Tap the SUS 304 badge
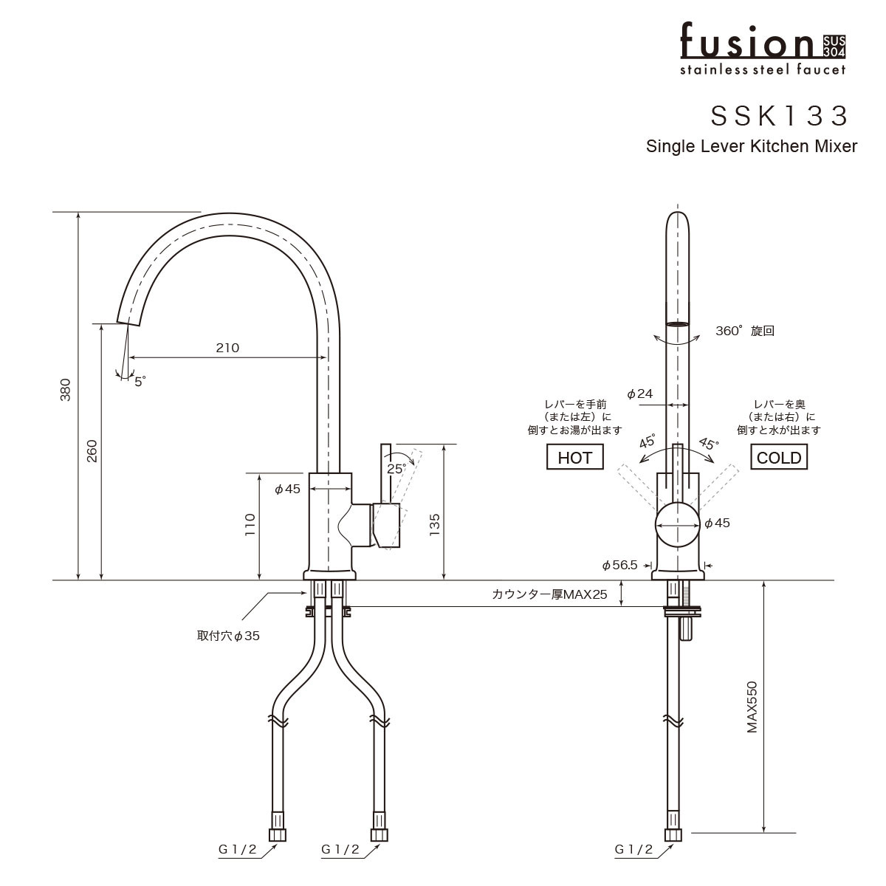[834, 47]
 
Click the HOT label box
[574, 458]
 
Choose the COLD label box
[779, 458]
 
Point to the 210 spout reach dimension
[227, 348]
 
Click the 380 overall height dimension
[66, 389]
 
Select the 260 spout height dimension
[92, 450]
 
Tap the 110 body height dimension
[250, 524]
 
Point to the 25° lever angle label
[396, 468]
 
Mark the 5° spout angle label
[140, 382]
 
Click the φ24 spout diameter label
[639, 394]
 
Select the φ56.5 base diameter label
[619, 566]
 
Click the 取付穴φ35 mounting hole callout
[228, 636]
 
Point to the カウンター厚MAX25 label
[549, 594]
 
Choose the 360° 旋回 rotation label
[744, 332]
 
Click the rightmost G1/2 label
[633, 850]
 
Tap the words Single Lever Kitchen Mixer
[751, 146]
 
